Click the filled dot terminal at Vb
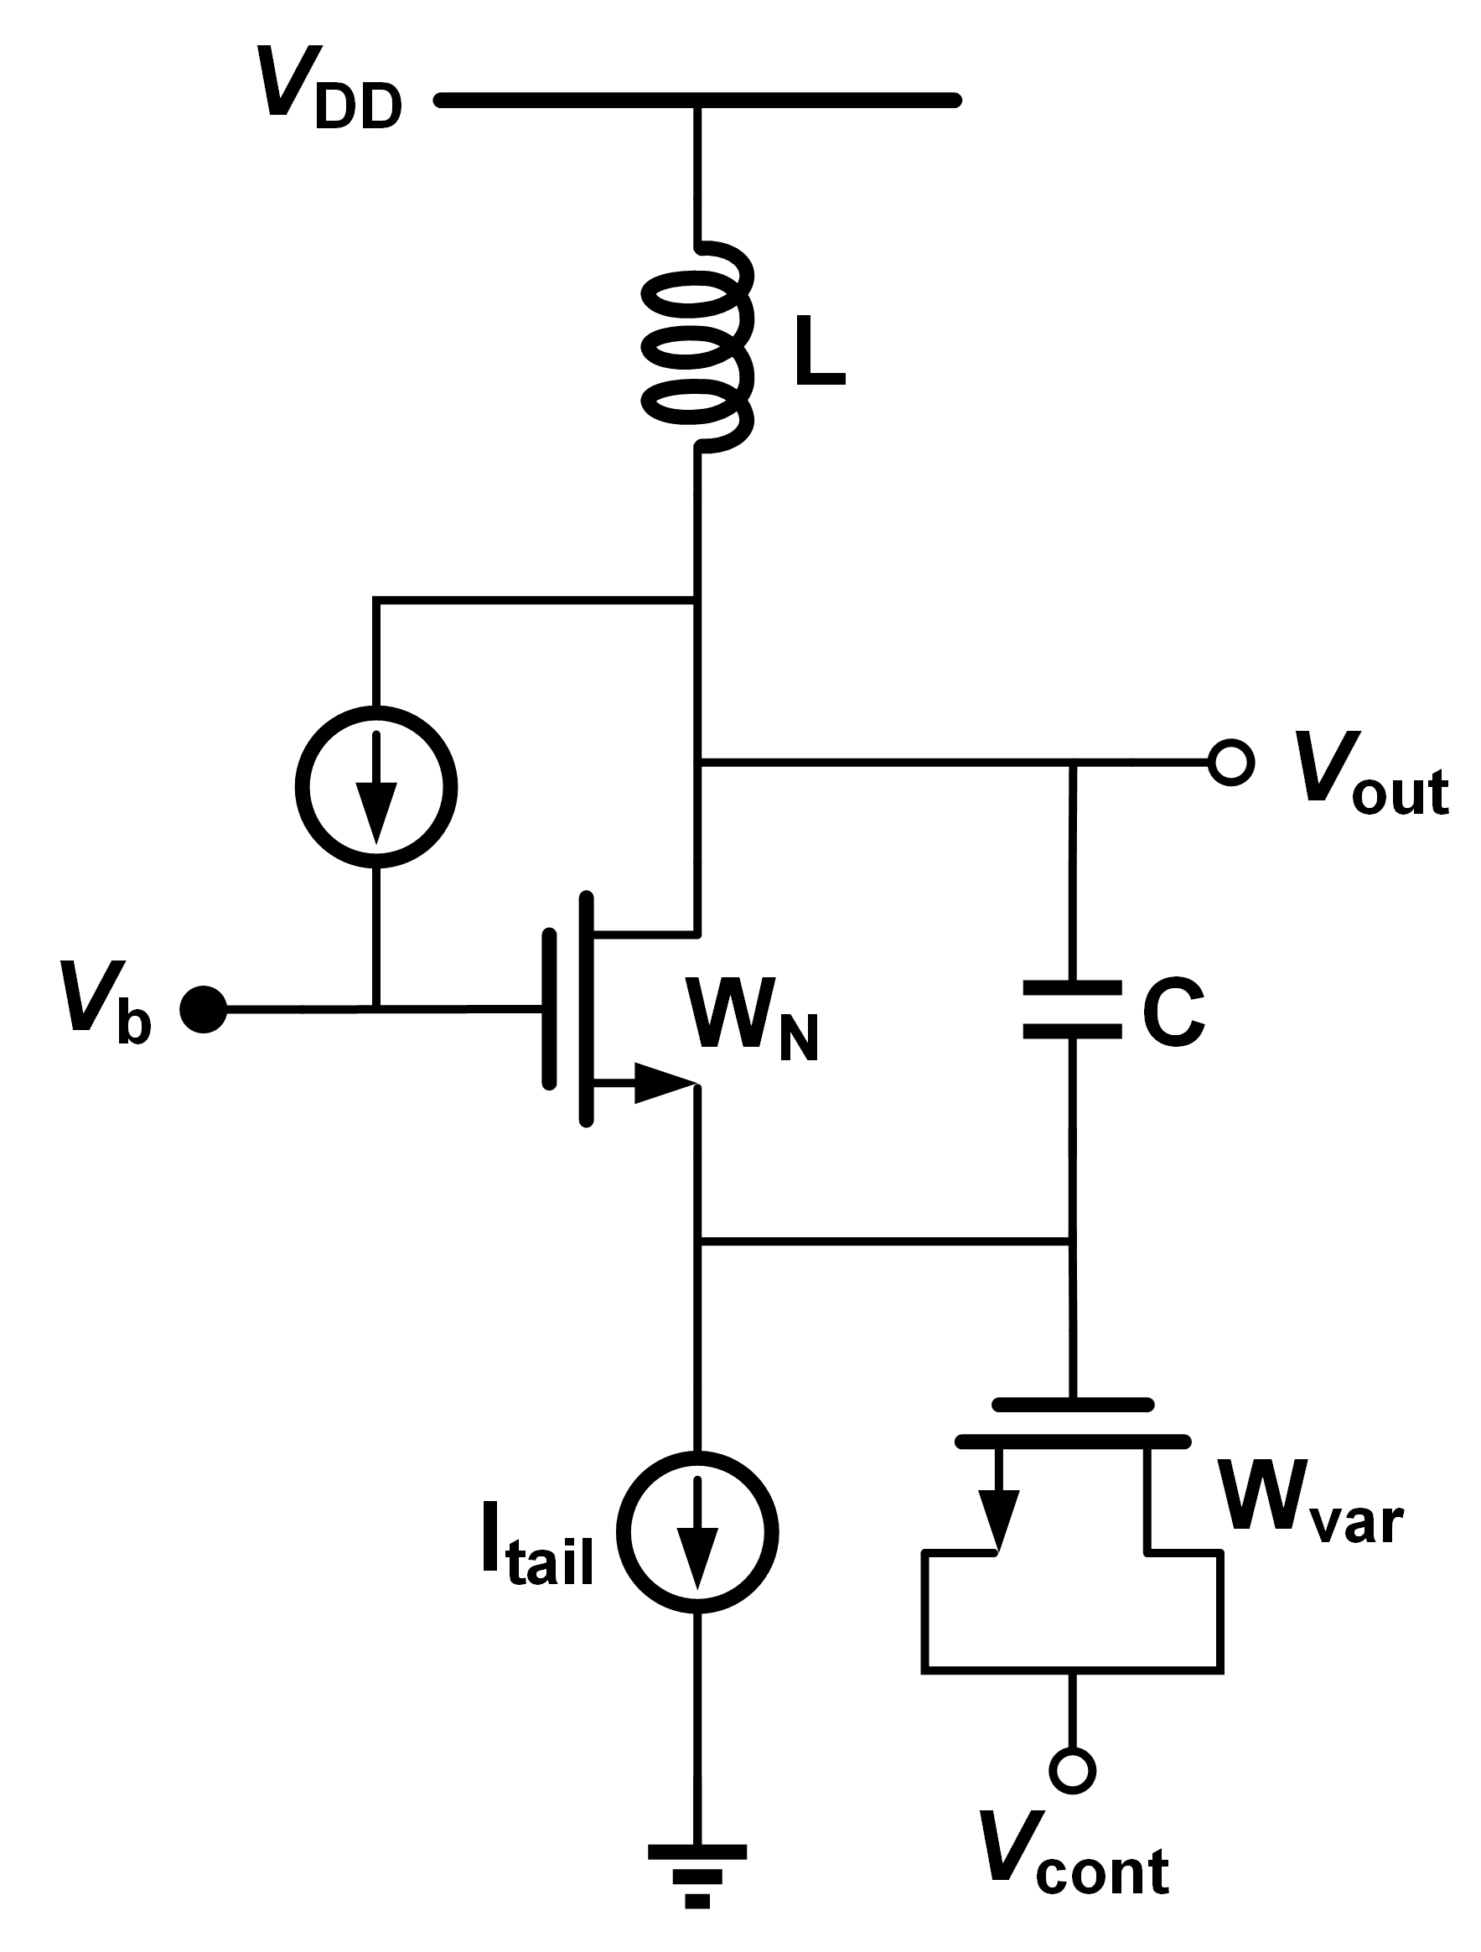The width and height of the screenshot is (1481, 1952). click(203, 1007)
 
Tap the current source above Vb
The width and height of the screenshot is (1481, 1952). click(376, 786)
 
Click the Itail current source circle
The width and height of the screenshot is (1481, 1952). click(697, 1532)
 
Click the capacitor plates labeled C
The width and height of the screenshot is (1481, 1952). click(1071, 1008)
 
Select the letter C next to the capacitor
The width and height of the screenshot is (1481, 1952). click(1173, 1012)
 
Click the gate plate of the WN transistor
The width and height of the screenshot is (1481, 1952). click(550, 1008)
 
